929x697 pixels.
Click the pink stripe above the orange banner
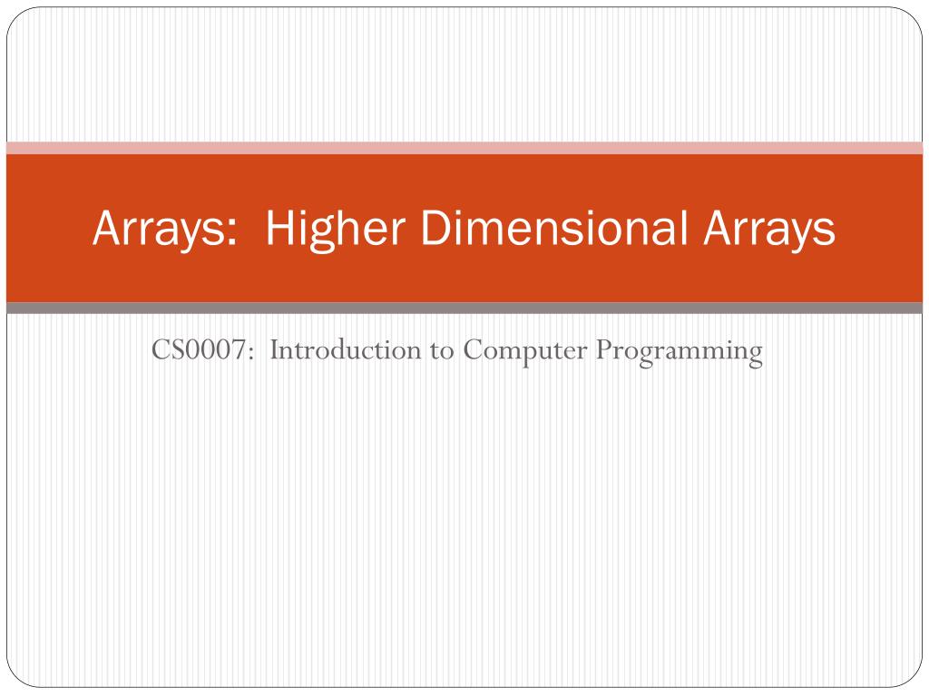pyautogui.click(x=464, y=148)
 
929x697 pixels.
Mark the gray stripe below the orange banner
pyautogui.click(x=464, y=309)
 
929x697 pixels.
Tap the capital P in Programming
pyautogui.click(x=601, y=350)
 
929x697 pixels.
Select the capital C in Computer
pyautogui.click(x=472, y=350)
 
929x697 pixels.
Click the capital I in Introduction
pyautogui.click(x=273, y=350)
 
